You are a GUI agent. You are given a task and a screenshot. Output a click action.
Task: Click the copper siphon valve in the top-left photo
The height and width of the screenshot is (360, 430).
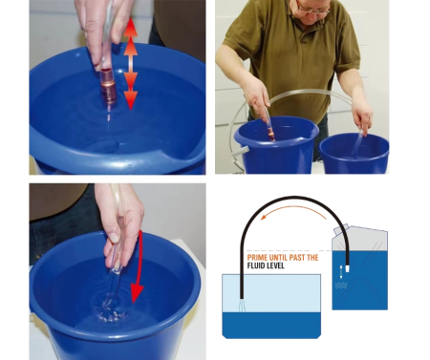click(x=109, y=84)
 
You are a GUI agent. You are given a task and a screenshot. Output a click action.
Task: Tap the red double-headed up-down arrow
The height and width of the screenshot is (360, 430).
click(x=130, y=64)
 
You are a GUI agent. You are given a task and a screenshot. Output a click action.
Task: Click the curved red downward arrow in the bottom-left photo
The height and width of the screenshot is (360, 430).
click(x=139, y=266)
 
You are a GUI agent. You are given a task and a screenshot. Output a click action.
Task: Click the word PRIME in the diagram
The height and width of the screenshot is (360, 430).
click(x=257, y=258)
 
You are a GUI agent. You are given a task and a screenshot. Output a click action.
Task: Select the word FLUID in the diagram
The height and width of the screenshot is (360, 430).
click(x=256, y=265)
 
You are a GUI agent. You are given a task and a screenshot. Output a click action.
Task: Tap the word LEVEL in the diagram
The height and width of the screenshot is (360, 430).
click(x=275, y=265)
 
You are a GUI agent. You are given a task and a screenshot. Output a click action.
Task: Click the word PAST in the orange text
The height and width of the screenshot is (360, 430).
click(x=297, y=258)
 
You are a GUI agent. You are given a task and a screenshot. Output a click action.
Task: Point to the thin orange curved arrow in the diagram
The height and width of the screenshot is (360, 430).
click(x=292, y=207)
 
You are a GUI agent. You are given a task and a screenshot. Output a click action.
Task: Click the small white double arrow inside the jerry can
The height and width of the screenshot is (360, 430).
click(x=341, y=272)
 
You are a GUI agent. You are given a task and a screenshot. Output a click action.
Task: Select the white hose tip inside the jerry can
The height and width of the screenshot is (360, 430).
click(x=347, y=269)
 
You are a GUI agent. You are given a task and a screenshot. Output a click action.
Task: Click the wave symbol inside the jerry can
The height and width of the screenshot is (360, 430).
click(x=340, y=286)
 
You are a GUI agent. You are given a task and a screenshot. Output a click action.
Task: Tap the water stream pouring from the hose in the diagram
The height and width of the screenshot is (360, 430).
click(x=242, y=306)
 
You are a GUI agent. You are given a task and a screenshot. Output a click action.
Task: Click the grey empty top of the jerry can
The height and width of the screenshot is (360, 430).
click(x=361, y=238)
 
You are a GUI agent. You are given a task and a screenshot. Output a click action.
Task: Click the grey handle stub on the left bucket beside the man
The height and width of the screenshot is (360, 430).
click(x=240, y=151)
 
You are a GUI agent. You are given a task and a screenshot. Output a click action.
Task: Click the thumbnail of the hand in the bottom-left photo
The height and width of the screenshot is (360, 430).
click(x=114, y=238)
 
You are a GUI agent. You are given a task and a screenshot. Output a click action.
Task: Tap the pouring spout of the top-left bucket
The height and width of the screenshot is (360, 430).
click(x=165, y=159)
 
